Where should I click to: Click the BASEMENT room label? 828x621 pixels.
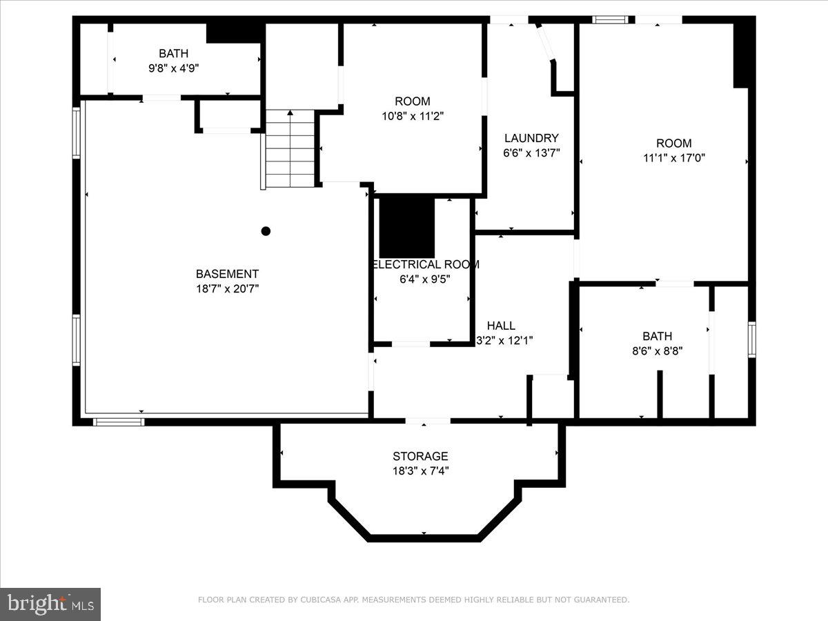(x=227, y=274)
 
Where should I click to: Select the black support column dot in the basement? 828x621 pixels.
(x=266, y=231)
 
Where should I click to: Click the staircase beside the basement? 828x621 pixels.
(x=290, y=149)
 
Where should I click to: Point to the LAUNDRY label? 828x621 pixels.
(x=531, y=138)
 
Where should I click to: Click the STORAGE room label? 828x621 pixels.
(x=420, y=456)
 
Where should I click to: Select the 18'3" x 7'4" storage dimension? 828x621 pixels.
(x=420, y=471)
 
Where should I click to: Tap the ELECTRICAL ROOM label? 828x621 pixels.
(x=425, y=264)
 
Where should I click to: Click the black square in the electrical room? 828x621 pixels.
(x=407, y=228)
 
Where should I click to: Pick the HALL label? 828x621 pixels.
(x=501, y=326)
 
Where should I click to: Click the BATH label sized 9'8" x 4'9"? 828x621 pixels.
(x=173, y=53)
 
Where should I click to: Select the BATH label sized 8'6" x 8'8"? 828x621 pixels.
(x=657, y=336)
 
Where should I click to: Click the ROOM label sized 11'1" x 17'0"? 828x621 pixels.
(x=673, y=143)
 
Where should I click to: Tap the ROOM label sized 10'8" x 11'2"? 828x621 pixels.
(x=413, y=101)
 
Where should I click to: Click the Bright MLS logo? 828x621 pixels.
(x=50, y=604)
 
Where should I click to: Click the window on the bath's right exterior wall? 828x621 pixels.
(x=752, y=339)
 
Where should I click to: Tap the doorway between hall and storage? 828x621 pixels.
(x=428, y=420)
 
